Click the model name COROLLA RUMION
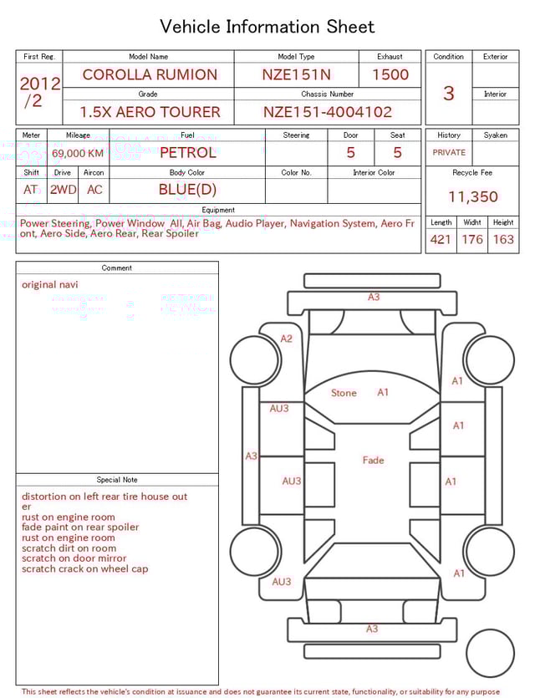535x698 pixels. pos(149,74)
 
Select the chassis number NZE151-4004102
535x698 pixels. pos(327,112)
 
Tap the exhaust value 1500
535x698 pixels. pos(390,74)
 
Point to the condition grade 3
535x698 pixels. pos(448,93)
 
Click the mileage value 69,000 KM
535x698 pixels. pos(78,153)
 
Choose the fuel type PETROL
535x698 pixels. pos(187,152)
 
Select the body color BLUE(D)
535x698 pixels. pos(187,189)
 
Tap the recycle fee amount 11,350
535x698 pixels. pos(472,197)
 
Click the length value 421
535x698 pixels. pos(440,240)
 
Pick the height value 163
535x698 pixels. pos(503,240)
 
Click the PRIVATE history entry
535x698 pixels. pos(449,153)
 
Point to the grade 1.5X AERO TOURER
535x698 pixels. pos(150,112)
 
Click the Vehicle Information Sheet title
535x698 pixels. pos(267,27)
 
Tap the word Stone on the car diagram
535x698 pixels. pos(344,393)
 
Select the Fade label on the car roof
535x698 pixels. pos(373,461)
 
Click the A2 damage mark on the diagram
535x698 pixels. pos(287,339)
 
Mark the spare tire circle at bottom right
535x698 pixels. pos(490,654)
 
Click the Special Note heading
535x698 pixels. pos(117,480)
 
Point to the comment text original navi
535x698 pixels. pos(49,284)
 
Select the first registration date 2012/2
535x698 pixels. pos(39,92)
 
